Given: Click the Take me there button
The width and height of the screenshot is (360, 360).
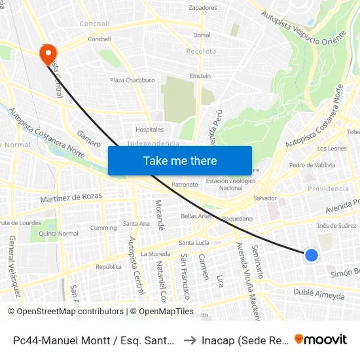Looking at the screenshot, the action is click(x=180, y=160).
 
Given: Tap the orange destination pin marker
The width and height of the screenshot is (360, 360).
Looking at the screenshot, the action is click(x=48, y=54).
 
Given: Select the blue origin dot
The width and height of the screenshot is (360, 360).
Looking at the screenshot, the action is click(x=312, y=255).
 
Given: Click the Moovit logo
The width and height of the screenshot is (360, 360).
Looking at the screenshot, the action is click(x=321, y=339).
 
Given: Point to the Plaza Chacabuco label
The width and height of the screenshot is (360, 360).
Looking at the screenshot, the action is click(x=132, y=81).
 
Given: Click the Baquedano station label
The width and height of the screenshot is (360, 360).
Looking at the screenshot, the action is click(x=237, y=219).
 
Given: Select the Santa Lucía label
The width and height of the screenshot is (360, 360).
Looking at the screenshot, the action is click(x=194, y=243).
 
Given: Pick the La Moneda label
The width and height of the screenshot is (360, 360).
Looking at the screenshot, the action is click(x=155, y=254).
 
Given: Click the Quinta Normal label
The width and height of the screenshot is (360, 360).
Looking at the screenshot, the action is click(x=58, y=234).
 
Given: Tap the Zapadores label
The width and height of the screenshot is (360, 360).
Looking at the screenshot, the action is click(x=202, y=8).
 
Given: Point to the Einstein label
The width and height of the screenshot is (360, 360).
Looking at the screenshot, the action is click(x=200, y=76).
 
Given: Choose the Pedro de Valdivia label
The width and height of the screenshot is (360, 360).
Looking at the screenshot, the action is click(x=312, y=165).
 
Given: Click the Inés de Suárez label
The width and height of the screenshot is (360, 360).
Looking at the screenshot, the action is click(x=336, y=226).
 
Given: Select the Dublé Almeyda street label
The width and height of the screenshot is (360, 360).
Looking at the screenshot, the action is click(x=319, y=295).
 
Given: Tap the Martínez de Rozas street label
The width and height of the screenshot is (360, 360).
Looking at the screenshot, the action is click(x=71, y=196).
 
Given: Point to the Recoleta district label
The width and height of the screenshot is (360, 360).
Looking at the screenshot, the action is click(x=200, y=51).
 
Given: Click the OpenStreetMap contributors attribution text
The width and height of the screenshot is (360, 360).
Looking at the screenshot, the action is click(x=67, y=312).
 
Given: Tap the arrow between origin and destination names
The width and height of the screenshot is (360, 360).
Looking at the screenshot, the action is click(x=190, y=340).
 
